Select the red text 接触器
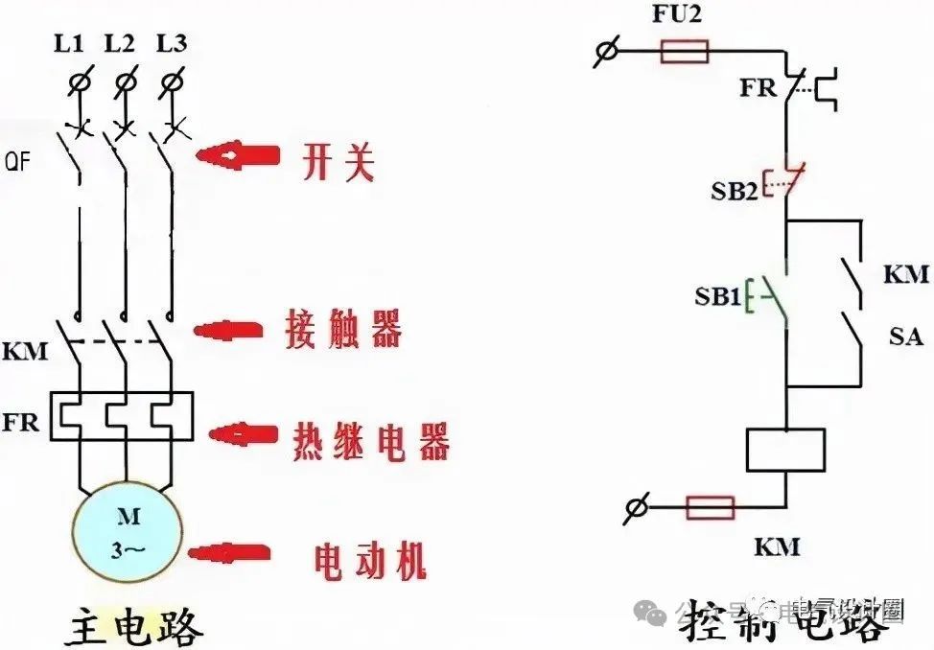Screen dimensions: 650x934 point(342,329)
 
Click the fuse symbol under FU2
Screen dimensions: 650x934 point(685,51)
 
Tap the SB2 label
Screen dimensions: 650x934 point(734,191)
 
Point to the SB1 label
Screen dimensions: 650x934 point(717,298)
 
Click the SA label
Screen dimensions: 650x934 point(905,337)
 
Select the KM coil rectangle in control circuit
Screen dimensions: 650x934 point(785,450)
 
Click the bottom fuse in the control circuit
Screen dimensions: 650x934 point(710,507)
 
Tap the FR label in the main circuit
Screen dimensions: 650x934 point(20,422)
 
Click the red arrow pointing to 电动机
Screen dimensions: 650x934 point(231,553)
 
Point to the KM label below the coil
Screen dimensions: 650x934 point(776,547)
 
